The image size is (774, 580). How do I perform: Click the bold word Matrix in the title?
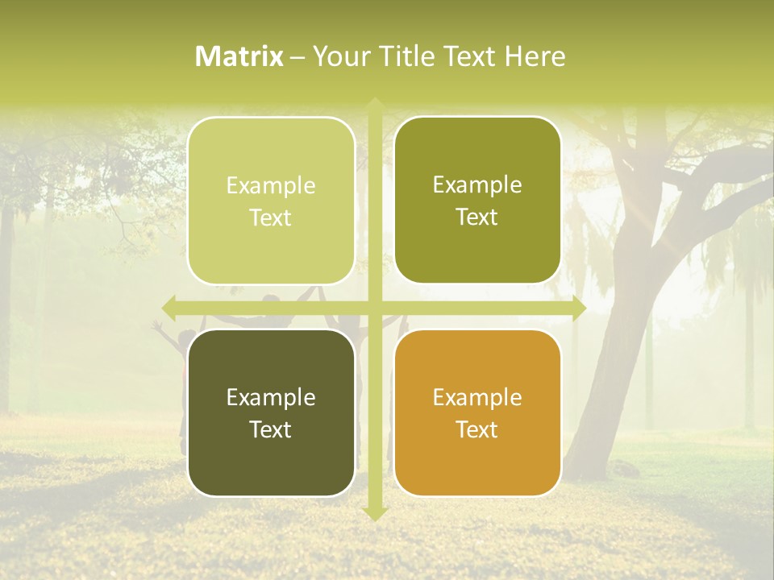[x=239, y=56]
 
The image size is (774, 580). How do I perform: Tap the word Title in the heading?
[x=402, y=56]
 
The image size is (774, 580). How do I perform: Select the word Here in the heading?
[x=535, y=56]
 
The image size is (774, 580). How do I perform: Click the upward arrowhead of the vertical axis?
[x=374, y=105]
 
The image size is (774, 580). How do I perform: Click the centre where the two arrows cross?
[x=374, y=308]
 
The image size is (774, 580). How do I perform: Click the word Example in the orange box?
[x=477, y=397]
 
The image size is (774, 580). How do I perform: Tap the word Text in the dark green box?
[x=271, y=429]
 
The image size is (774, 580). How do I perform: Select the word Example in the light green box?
[x=271, y=186]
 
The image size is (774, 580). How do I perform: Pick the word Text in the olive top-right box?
[x=477, y=217]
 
